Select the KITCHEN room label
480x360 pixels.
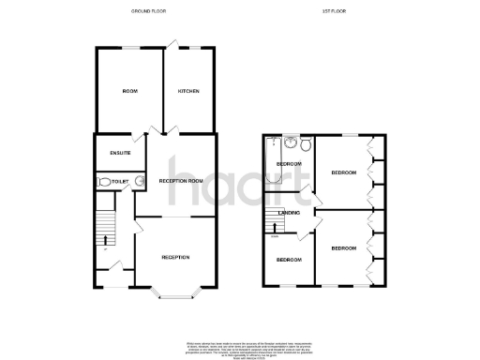[x=188, y=91]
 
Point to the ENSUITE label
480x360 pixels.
[x=120, y=152]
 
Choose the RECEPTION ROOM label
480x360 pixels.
[x=181, y=180]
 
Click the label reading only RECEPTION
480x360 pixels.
[x=175, y=257]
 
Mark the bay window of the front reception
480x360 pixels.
[x=175, y=296]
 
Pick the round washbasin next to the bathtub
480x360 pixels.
[x=291, y=143]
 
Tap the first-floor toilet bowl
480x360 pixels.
[x=306, y=144]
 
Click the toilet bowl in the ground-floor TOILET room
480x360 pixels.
[x=101, y=181]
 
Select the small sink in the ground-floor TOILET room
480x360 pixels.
[x=139, y=181]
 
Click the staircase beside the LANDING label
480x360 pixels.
[x=276, y=223]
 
